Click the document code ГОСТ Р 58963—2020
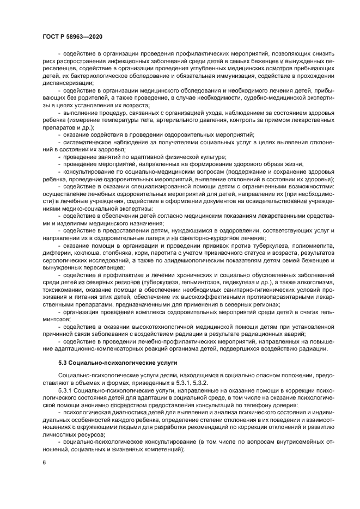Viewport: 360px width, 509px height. pos(72,36)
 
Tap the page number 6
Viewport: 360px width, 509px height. pos(44,462)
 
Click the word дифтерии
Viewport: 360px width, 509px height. pos(56,253)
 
